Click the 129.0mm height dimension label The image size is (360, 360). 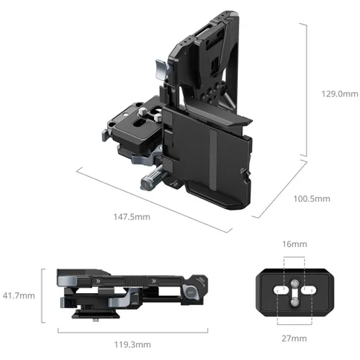coord(340,94)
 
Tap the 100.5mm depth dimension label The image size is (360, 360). coord(312,199)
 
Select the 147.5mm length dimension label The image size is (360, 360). coord(132,217)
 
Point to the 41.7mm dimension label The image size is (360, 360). coord(19,295)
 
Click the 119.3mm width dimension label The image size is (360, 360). coord(132,344)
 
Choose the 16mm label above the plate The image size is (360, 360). coord(295,244)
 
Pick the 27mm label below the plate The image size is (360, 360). coord(294,338)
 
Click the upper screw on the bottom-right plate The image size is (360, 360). coord(295,283)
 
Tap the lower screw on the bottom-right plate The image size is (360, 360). coord(295,301)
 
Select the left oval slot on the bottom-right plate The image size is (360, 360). coord(280,290)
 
